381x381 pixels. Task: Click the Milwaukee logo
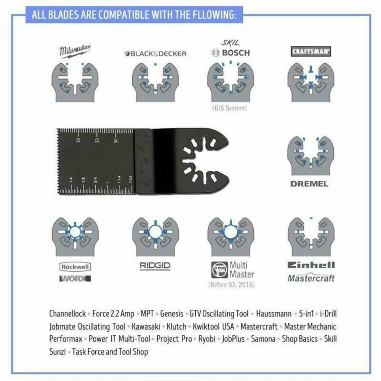[x=75, y=51]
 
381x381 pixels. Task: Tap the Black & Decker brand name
[x=155, y=54]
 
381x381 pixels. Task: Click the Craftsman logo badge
[x=311, y=51]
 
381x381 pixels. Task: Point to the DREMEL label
[x=309, y=184]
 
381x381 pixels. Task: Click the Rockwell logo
[x=75, y=267]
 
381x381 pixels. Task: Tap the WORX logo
[x=75, y=279]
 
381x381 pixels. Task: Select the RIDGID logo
[x=155, y=266]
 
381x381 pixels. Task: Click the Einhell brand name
[x=311, y=265]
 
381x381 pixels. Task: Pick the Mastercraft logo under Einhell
[x=311, y=278]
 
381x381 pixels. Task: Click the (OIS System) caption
[x=229, y=108]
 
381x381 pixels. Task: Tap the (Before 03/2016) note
[x=231, y=285]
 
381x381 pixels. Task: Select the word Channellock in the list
[x=67, y=314]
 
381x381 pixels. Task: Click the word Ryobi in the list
[x=207, y=339]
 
